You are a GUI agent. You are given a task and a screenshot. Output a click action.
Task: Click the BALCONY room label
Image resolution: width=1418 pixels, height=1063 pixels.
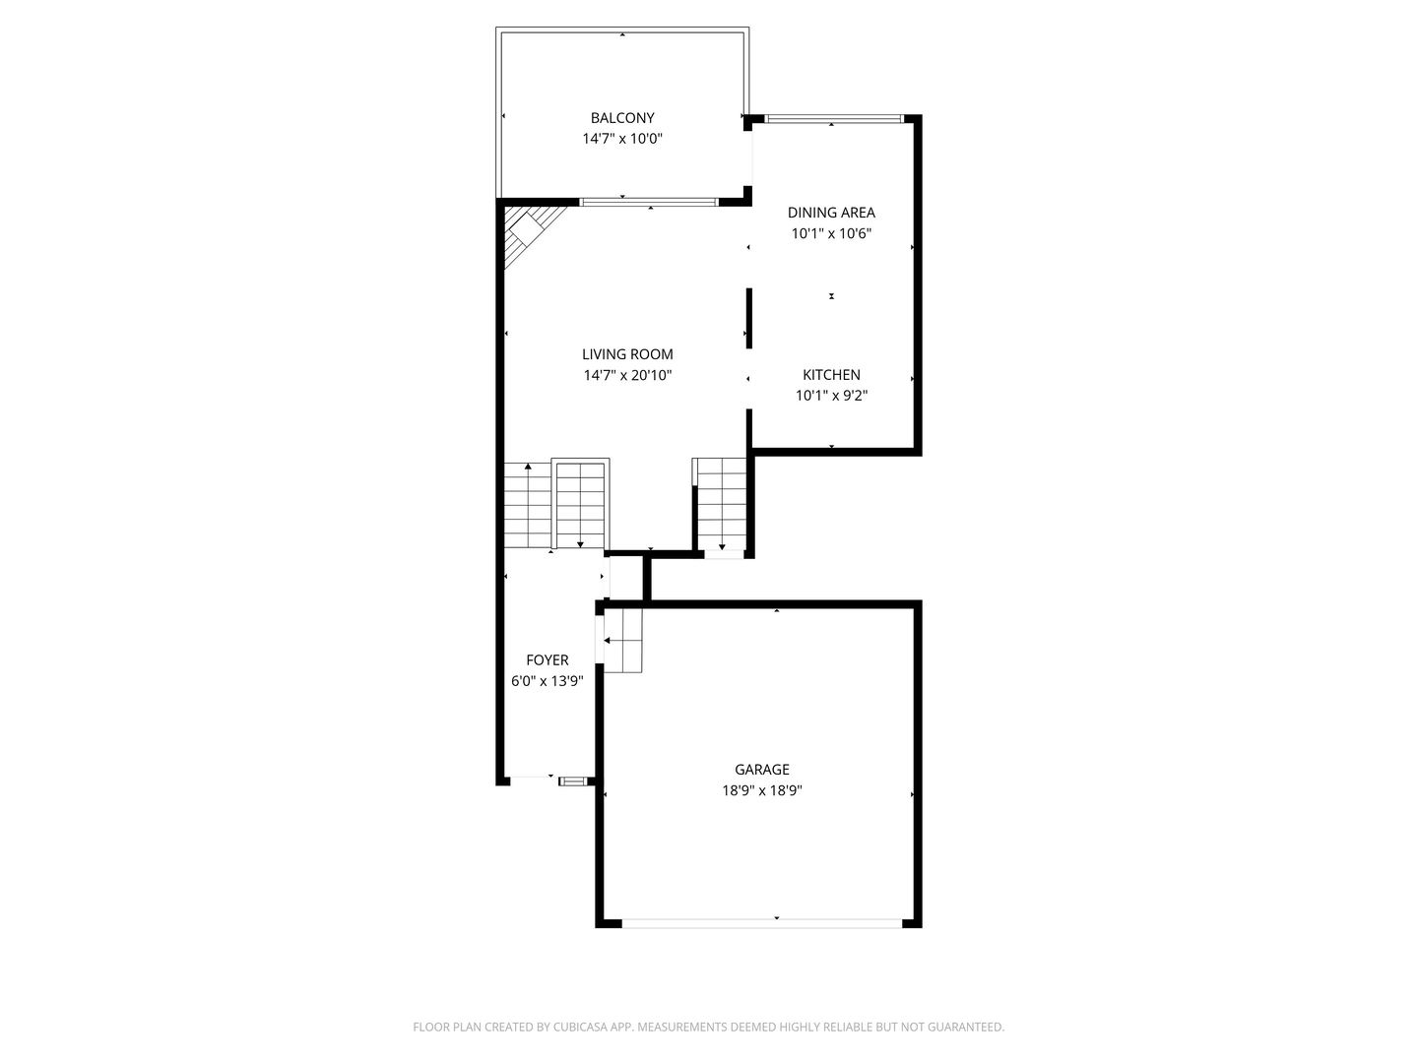(x=622, y=118)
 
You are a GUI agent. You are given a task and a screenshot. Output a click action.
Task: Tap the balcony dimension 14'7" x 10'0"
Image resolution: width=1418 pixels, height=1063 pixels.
(x=622, y=140)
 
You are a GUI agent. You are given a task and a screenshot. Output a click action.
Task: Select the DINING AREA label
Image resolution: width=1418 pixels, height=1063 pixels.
(x=831, y=213)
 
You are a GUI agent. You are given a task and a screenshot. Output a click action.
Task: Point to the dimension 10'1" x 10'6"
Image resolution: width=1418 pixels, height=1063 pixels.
(x=831, y=234)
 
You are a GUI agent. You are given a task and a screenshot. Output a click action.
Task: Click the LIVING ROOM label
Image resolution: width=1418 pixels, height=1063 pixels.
(x=627, y=354)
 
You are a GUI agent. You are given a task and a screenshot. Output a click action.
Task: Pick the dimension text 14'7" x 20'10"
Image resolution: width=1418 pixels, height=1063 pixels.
(x=627, y=375)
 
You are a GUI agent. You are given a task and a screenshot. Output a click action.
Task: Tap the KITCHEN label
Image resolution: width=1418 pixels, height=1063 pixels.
(x=831, y=375)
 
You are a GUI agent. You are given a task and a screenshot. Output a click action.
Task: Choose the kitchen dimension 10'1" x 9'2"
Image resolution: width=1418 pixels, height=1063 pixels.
(x=831, y=397)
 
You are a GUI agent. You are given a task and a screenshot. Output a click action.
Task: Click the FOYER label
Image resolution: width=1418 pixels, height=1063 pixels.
(x=547, y=660)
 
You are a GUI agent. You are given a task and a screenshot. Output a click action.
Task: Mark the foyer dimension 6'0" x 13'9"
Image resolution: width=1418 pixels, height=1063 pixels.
(x=547, y=681)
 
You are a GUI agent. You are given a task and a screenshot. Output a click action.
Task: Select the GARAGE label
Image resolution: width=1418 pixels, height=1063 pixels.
(x=762, y=770)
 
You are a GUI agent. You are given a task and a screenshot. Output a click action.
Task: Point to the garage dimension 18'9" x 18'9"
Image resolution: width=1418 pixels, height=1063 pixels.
(x=762, y=790)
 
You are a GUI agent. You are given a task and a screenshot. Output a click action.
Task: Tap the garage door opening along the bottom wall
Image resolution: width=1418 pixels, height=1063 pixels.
(x=761, y=922)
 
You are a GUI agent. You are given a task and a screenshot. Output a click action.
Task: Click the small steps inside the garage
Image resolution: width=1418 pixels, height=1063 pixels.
(x=622, y=641)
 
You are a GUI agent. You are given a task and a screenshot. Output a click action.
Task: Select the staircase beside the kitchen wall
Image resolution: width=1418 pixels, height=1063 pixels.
(x=722, y=506)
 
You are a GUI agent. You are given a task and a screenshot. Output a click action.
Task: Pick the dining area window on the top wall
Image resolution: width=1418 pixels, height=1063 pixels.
(x=833, y=120)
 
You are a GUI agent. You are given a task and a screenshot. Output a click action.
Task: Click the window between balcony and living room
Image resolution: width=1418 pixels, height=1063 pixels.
(x=649, y=202)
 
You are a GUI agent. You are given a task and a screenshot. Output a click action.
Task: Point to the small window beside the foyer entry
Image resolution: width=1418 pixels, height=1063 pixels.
(x=572, y=782)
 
